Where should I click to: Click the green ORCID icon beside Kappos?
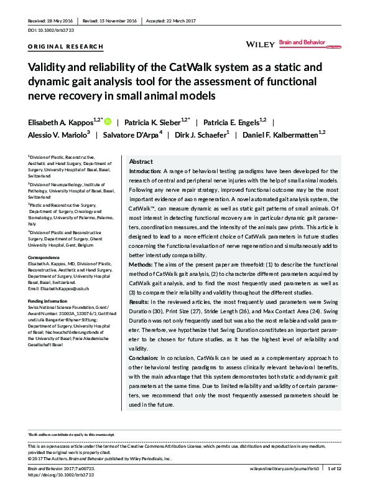click(108, 121)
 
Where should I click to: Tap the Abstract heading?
click(141, 161)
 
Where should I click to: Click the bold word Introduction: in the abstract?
click(145, 171)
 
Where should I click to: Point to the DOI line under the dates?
click(49, 30)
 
